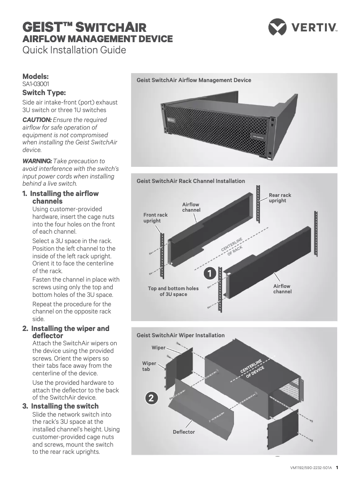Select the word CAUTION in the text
(x=37, y=120)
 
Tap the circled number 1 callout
(x=210, y=273)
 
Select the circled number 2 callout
(x=152, y=398)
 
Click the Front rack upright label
(x=155, y=218)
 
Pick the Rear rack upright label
(x=280, y=198)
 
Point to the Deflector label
(x=184, y=432)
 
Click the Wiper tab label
(x=149, y=366)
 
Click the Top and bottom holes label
(x=173, y=291)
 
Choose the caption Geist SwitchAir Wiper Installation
(x=180, y=335)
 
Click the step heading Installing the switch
(x=65, y=406)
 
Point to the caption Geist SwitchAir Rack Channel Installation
(x=191, y=181)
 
